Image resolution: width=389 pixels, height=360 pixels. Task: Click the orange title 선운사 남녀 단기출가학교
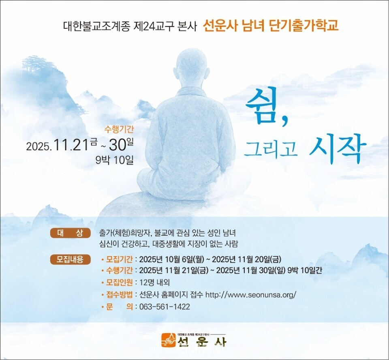click(x=271, y=26)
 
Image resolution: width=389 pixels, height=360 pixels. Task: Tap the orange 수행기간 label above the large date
click(x=119, y=129)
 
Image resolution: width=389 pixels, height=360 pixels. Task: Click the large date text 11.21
click(x=71, y=145)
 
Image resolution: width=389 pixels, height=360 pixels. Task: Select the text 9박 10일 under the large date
click(x=115, y=160)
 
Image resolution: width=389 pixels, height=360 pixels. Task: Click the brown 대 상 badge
click(x=71, y=233)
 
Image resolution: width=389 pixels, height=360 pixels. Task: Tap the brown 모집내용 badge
click(x=71, y=259)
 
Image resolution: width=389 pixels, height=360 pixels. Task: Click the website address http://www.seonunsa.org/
click(x=251, y=295)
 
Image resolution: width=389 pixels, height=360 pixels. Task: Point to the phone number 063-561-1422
click(x=165, y=307)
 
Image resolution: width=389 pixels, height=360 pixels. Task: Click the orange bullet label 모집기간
click(x=119, y=259)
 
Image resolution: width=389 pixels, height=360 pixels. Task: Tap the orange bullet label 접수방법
click(x=119, y=295)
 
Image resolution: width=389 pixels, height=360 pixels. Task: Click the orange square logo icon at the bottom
click(x=169, y=340)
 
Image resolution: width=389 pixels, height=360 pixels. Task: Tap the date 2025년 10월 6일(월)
click(x=171, y=259)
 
